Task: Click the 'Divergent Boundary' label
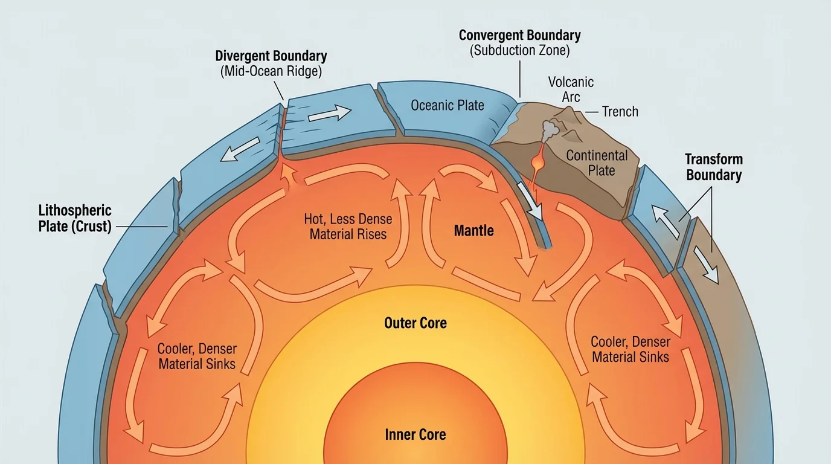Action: pos(271,56)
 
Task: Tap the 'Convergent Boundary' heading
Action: pos(519,35)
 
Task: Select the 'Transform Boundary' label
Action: pos(713,167)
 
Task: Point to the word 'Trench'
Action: pos(620,111)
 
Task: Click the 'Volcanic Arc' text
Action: pos(571,89)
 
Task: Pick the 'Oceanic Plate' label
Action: pos(448,105)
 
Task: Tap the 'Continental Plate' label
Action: pos(597,163)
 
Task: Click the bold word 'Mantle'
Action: pos(474,230)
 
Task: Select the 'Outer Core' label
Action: pos(415,323)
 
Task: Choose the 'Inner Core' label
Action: pos(415,434)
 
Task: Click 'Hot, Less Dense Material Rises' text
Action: pos(348,227)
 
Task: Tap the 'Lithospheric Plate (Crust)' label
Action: pos(75,218)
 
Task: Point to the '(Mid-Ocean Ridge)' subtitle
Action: pos(271,71)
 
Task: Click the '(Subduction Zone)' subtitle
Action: pos(519,51)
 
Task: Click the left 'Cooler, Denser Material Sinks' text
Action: pos(197,356)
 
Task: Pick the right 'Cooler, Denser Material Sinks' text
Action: pos(630,349)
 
